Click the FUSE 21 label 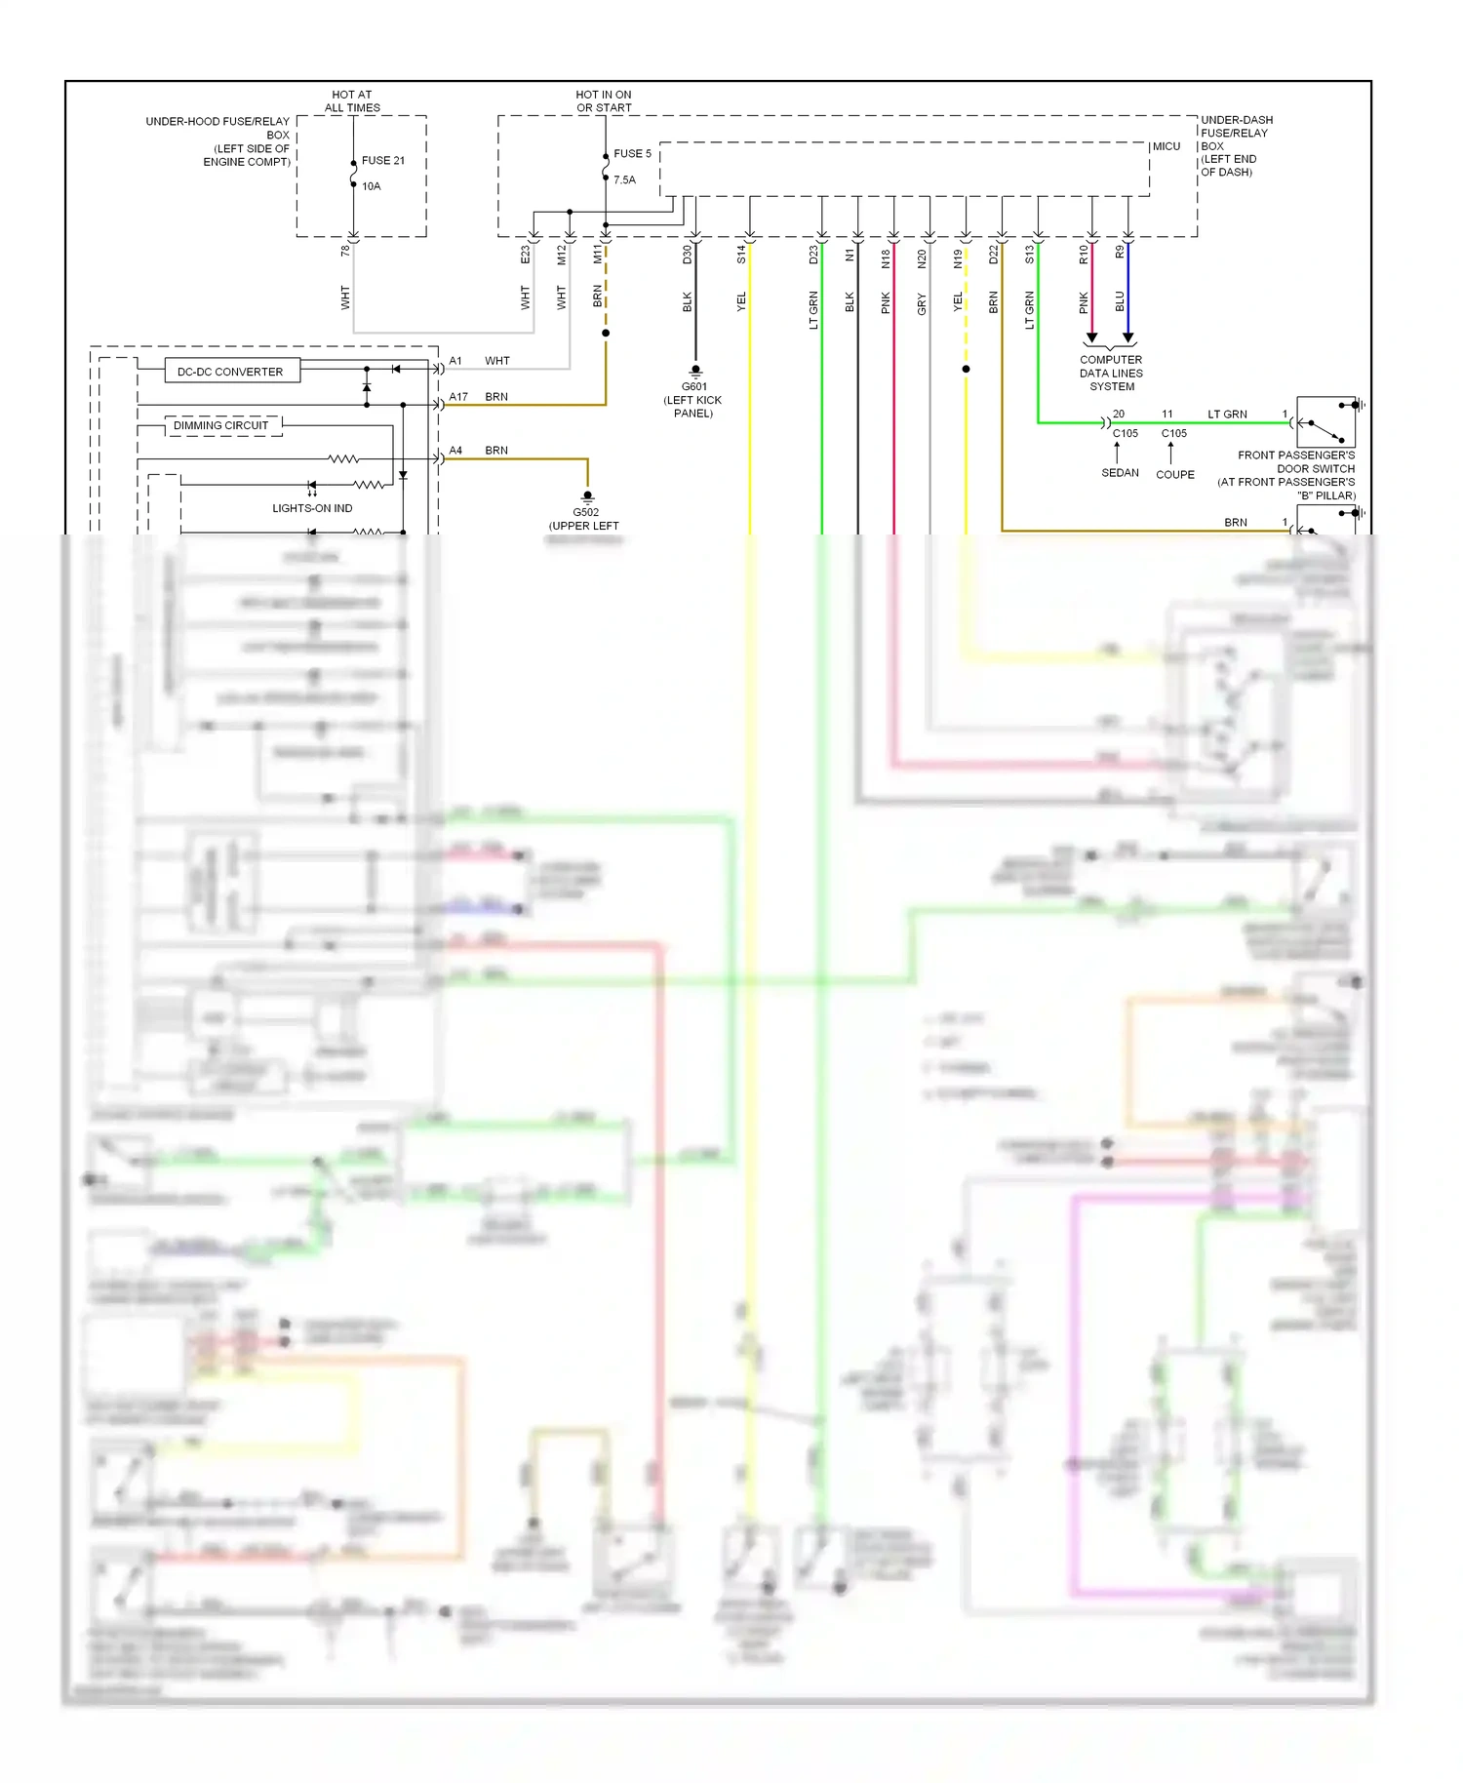(382, 161)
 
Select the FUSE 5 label (632, 154)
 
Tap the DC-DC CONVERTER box (231, 372)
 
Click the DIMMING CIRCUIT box (221, 425)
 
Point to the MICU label (1166, 146)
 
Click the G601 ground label (693, 387)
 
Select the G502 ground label (585, 513)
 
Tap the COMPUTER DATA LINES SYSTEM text (1111, 374)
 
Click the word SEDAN (1120, 473)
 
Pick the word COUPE (1174, 475)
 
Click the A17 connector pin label (458, 397)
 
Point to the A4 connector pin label (455, 451)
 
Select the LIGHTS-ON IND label (312, 508)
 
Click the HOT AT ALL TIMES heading (352, 101)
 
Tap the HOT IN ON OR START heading (604, 101)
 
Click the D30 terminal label (687, 255)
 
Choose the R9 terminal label (1120, 252)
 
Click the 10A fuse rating (372, 186)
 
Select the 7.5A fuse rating (624, 180)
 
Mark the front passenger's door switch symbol (1325, 422)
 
